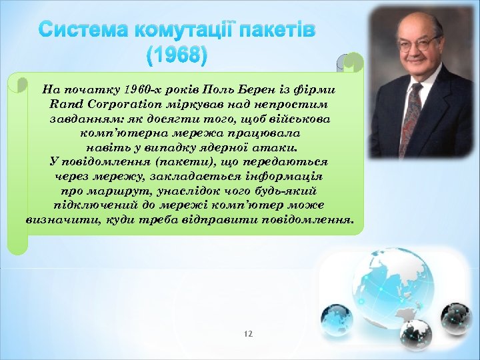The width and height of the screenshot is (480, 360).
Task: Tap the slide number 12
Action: [x=248, y=333]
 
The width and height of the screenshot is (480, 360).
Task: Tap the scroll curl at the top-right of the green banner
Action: [x=351, y=63]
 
